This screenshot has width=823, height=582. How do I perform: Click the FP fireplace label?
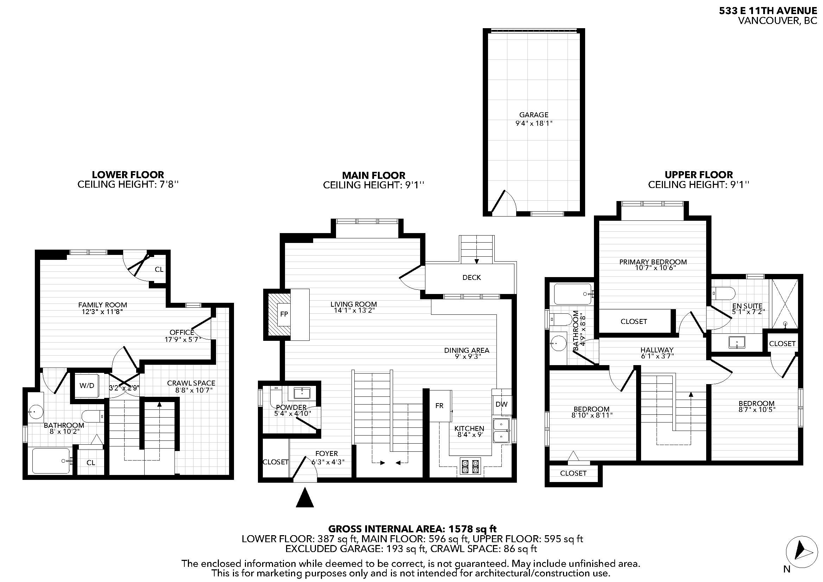pyautogui.click(x=284, y=314)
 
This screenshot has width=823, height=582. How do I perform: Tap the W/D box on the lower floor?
pyautogui.click(x=87, y=386)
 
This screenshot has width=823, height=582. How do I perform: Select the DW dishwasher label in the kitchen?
pyautogui.click(x=501, y=404)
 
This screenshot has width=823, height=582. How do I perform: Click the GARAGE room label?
pyautogui.click(x=534, y=115)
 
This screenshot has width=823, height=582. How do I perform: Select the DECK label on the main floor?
pyautogui.click(x=471, y=277)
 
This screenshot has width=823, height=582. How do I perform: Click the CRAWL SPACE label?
pyautogui.click(x=191, y=383)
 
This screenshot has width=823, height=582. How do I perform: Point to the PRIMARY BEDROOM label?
pyautogui.click(x=653, y=262)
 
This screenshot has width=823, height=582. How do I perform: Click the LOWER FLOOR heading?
pyautogui.click(x=128, y=175)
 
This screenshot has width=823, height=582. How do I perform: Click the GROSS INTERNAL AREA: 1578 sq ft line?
pyautogui.click(x=412, y=528)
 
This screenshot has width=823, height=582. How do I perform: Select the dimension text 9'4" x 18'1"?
pyautogui.click(x=534, y=123)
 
